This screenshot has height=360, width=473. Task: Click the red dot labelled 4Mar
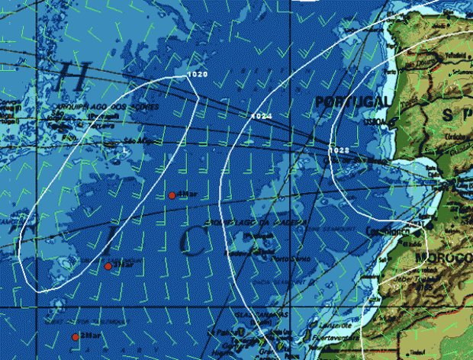point(172,195)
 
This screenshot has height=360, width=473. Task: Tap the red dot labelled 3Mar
point(108,265)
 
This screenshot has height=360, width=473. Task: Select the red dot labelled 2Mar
point(76,336)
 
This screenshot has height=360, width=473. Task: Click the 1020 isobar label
point(196,75)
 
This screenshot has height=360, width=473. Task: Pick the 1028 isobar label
point(339,150)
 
